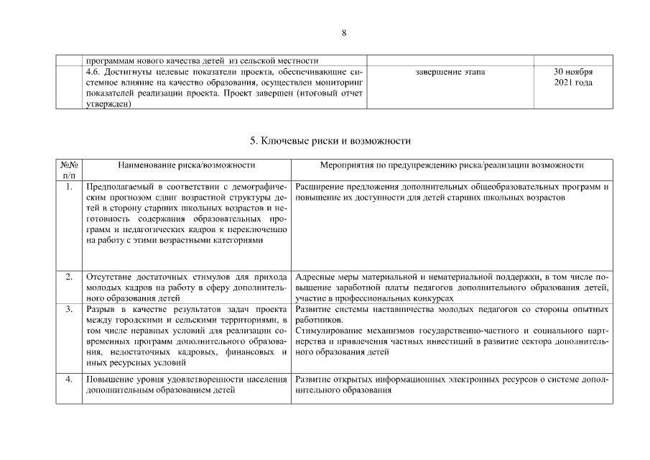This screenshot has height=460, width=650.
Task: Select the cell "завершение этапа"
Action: point(450,73)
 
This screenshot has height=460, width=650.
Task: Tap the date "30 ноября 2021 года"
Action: point(572,78)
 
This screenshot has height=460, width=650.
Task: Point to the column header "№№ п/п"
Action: point(69,170)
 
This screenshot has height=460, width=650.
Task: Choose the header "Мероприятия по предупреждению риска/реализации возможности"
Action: point(452,165)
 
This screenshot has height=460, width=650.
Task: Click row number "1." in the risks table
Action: point(69,187)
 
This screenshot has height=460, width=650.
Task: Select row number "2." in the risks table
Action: point(69,277)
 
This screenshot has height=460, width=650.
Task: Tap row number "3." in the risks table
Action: point(69,309)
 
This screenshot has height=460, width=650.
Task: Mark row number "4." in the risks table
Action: point(69,379)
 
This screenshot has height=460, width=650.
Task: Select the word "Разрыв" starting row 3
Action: point(99,309)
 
